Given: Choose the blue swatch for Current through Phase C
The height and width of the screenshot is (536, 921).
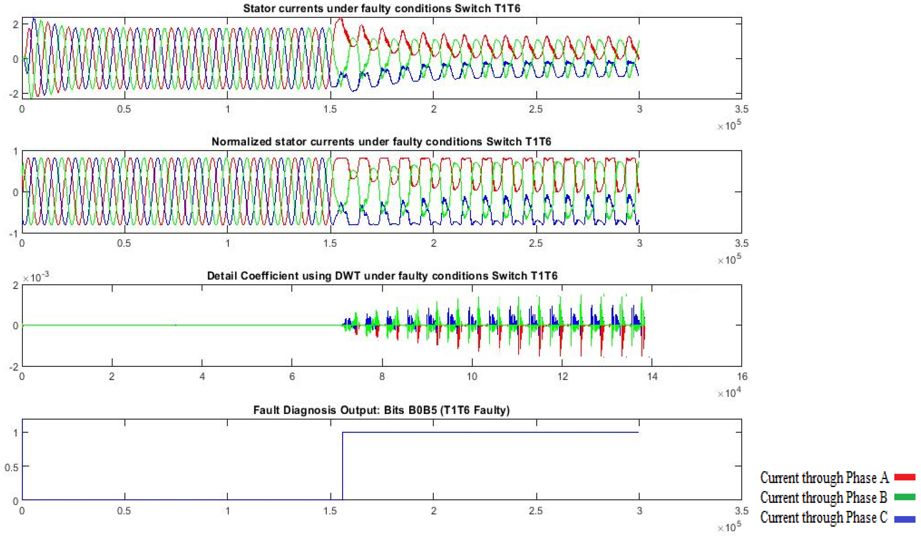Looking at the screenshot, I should click(x=905, y=518).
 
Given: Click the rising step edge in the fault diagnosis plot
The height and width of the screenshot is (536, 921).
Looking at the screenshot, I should click(x=342, y=466).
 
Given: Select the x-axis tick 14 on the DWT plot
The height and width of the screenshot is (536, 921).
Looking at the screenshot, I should click(x=652, y=376).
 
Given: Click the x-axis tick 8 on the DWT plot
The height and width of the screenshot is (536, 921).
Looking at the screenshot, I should click(x=382, y=376).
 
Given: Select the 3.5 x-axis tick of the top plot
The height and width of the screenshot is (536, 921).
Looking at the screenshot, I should click(x=741, y=109).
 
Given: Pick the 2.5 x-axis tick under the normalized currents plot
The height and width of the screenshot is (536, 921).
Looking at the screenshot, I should click(x=536, y=243).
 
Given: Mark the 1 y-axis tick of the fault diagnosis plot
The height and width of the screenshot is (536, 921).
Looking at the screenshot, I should click(x=15, y=433).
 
